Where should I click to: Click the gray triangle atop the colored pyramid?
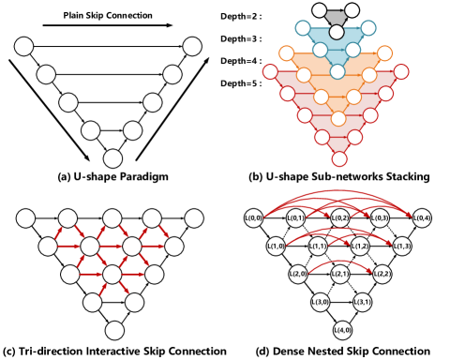pyautogui.click(x=336, y=18)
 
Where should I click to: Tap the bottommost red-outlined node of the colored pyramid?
pyautogui.click(x=339, y=158)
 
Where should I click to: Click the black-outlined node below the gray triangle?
pyautogui.click(x=337, y=33)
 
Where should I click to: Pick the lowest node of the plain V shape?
pyautogui.click(x=112, y=158)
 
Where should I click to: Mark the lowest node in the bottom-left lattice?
pyautogui.click(x=114, y=330)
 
